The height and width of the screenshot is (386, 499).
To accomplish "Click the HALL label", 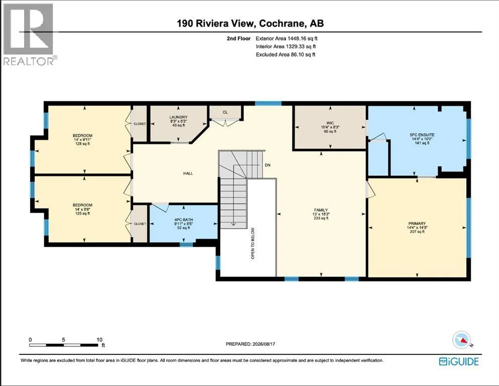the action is coord(188,173).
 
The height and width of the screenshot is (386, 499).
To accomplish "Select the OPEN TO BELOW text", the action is coord(253,243).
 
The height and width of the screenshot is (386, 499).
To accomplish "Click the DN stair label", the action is coord(268,165).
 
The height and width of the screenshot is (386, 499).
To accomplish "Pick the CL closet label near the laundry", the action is coord(225,112).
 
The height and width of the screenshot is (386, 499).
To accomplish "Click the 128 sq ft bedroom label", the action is coord(82,144).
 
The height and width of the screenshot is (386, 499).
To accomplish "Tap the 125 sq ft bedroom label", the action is coord(82,214).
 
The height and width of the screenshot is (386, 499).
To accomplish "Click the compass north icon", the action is coord(461,340).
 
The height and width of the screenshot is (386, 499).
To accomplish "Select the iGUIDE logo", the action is coord(459,361).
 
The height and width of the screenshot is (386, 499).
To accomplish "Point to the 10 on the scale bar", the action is coord(99,340).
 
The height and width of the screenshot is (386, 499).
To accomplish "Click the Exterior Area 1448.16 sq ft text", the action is coord(287,39).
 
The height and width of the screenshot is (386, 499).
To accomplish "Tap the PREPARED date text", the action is coord(250,344).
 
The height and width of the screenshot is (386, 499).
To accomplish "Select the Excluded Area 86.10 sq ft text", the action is coord(285,54).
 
